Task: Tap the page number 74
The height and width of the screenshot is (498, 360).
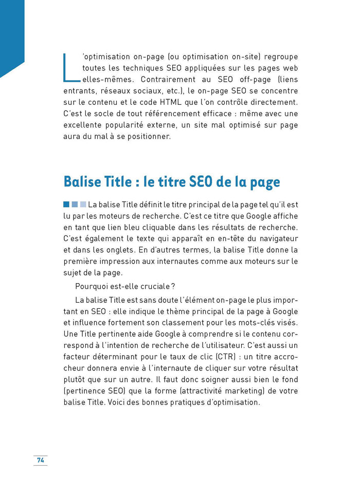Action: (x=40, y=459)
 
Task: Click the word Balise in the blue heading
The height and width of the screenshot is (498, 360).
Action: (x=81, y=182)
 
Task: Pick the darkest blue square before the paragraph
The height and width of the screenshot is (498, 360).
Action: (x=66, y=205)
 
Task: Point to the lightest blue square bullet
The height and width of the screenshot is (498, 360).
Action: (x=83, y=205)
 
